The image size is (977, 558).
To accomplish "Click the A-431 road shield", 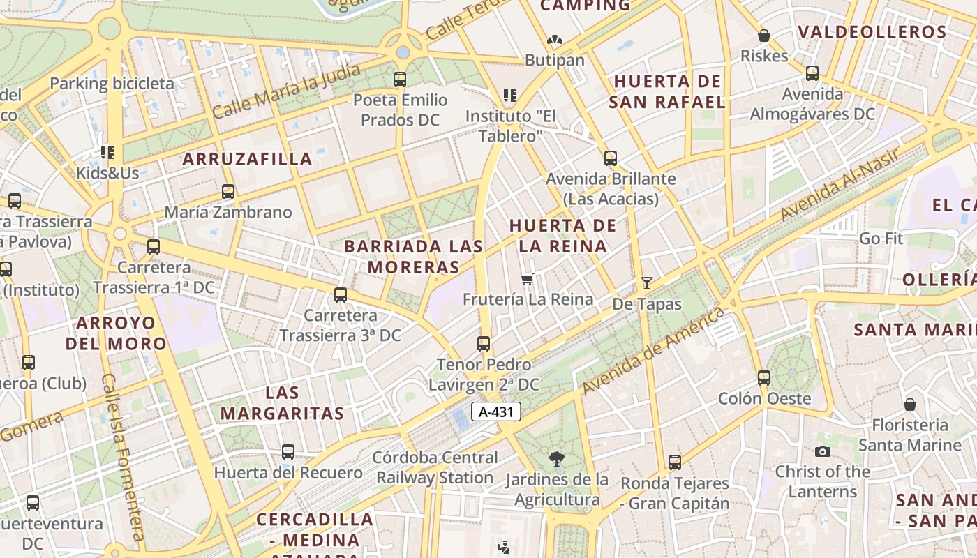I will tap(496, 412).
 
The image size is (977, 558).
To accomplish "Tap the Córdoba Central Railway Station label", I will tap(435, 468).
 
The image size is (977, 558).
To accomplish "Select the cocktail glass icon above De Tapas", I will tap(647, 283).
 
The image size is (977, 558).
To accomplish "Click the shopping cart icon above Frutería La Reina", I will tap(528, 280).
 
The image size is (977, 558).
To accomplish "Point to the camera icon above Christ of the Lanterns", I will tap(823, 452).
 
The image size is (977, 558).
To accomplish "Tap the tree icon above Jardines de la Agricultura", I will tap(556, 458).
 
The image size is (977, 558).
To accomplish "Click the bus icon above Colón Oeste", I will tap(764, 378).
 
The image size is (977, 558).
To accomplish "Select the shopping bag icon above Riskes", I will tap(764, 36).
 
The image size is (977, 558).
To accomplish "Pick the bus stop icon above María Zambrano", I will tap(228, 191).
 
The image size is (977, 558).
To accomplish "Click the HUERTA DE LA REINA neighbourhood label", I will tap(563, 236).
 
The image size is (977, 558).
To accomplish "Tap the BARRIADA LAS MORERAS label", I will tap(414, 257).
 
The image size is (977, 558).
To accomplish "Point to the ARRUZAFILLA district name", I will tap(247, 159).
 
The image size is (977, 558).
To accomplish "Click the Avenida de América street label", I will tap(653, 351).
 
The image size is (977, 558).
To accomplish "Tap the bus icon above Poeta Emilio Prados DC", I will tap(400, 80).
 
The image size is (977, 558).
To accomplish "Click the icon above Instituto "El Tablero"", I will tap(510, 95).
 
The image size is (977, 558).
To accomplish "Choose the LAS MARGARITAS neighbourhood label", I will tap(282, 402).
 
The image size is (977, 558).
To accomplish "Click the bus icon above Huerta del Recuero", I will tap(288, 452).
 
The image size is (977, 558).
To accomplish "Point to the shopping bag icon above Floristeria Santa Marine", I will tap(910, 405).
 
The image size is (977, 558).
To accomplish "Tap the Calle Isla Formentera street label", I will tap(123, 457).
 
